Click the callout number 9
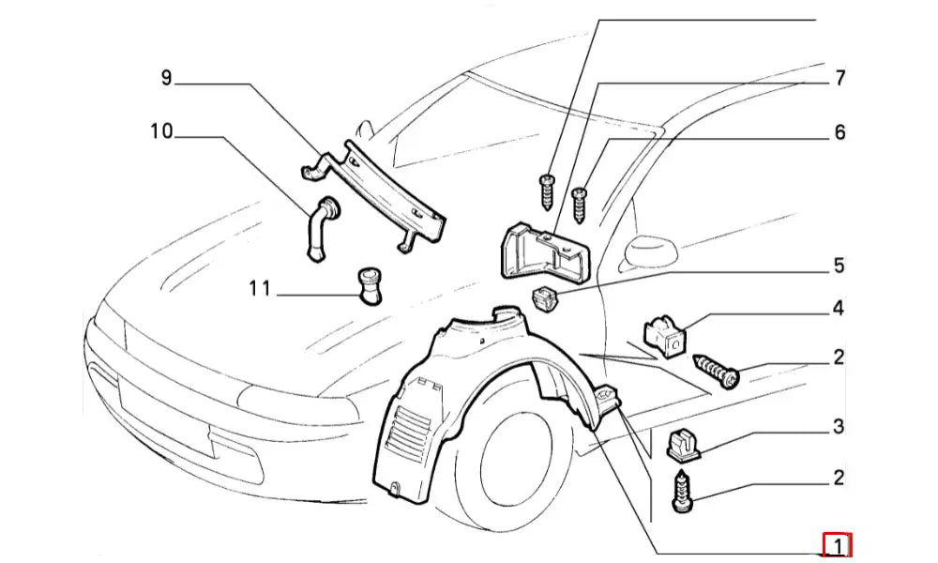tap(167, 79)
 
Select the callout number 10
tap(161, 132)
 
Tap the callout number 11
tap(259, 289)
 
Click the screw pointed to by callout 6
tap(581, 204)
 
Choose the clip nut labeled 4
tap(665, 337)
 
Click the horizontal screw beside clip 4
tap(717, 372)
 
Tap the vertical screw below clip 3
tap(682, 492)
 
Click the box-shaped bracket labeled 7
tap(542, 251)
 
